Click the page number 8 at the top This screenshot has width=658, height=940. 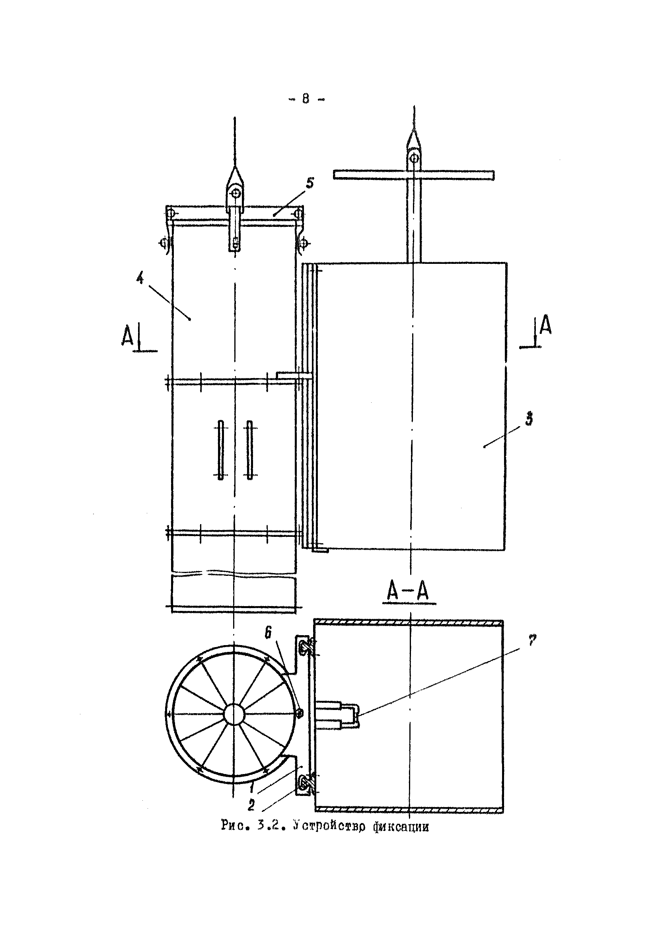[306, 99]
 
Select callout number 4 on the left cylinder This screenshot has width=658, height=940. [140, 279]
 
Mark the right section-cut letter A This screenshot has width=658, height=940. [545, 326]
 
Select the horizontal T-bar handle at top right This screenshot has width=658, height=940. [414, 174]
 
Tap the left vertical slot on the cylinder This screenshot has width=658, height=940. [220, 450]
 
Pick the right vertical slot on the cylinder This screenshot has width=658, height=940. [249, 450]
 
